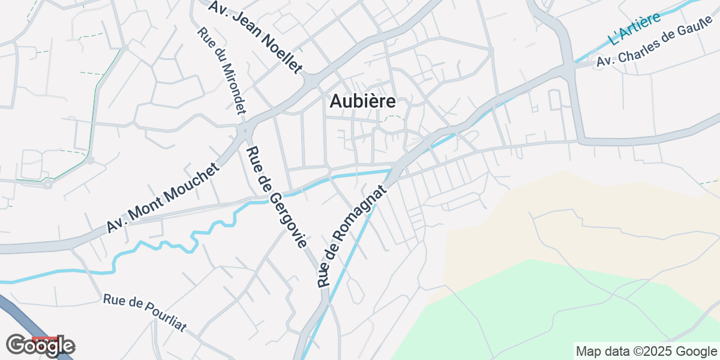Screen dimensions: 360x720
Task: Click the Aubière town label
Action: click(362, 101)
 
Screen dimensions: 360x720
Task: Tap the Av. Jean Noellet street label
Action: click(255, 36)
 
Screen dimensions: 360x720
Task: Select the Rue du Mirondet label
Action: click(222, 71)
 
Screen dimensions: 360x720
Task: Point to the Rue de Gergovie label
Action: click(277, 197)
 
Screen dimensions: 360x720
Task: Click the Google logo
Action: click(40, 346)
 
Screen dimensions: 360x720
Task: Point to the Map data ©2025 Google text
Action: click(646, 351)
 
